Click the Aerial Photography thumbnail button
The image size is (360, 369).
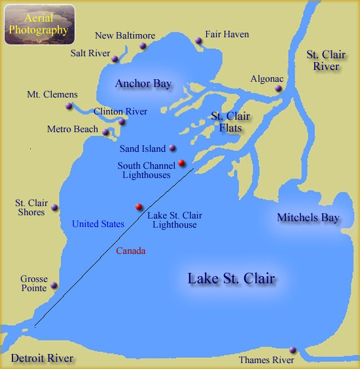point(39,25)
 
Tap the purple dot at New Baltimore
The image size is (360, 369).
point(142,46)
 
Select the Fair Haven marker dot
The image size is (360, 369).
point(198,41)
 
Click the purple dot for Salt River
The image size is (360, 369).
point(115,59)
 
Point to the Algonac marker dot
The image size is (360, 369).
point(279,88)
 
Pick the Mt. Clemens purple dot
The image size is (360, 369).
point(69,106)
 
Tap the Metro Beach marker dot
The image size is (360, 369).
point(106,132)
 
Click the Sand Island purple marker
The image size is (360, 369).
point(172,149)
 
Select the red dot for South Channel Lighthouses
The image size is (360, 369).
point(181,164)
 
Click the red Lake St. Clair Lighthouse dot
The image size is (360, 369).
point(139,207)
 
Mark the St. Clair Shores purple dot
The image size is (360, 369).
point(55,208)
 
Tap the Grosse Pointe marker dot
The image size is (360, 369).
point(54,285)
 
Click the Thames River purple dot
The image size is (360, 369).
point(293,351)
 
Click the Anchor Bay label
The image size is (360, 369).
point(143,84)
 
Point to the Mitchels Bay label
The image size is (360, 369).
point(308,217)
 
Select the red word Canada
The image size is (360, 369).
point(130,251)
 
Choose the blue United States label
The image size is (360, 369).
point(98,224)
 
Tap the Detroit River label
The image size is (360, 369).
point(42,358)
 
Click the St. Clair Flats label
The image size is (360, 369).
point(230,122)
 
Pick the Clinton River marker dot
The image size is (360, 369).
point(122,122)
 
